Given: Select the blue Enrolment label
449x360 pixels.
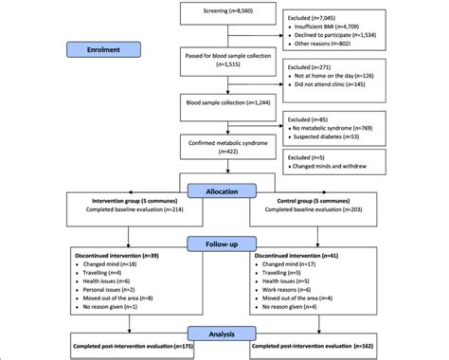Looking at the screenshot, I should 100,48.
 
